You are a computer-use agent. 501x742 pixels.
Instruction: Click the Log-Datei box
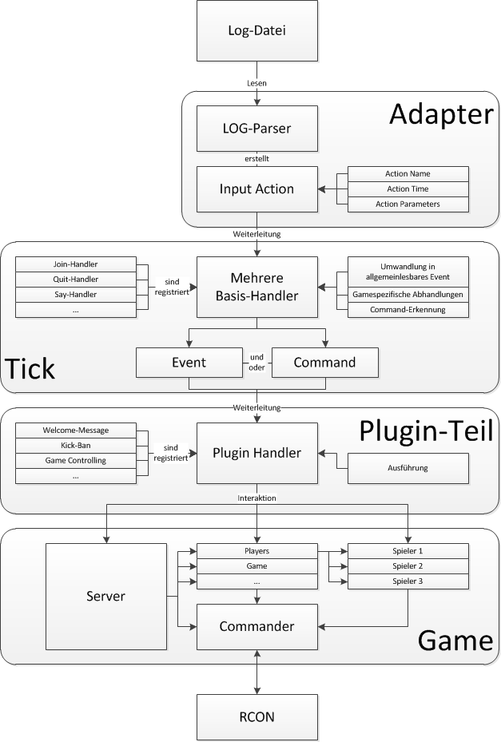click(257, 32)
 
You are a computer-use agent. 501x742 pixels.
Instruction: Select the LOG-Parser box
click(257, 129)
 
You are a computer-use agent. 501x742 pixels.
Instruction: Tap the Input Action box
click(257, 189)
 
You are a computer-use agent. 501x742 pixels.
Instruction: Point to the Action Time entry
click(408, 189)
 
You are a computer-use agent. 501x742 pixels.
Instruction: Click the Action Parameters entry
click(408, 204)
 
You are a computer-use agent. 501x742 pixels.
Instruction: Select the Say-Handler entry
click(77, 295)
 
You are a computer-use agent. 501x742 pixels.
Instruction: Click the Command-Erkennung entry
click(408, 310)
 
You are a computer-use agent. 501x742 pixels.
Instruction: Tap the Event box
click(189, 362)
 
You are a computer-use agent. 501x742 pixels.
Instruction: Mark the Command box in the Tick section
click(324, 362)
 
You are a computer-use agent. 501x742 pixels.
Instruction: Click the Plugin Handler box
click(257, 453)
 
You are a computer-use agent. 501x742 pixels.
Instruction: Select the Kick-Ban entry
click(77, 446)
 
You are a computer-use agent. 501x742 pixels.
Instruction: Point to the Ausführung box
click(408, 468)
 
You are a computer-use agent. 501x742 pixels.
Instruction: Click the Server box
click(106, 597)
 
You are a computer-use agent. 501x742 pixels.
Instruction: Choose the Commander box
click(257, 627)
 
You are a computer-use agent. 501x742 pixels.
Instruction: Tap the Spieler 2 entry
click(408, 566)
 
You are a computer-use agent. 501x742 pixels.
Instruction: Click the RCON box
click(257, 716)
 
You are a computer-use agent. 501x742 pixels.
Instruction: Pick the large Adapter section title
click(440, 115)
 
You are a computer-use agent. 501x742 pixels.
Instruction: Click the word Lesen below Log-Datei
click(257, 82)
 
